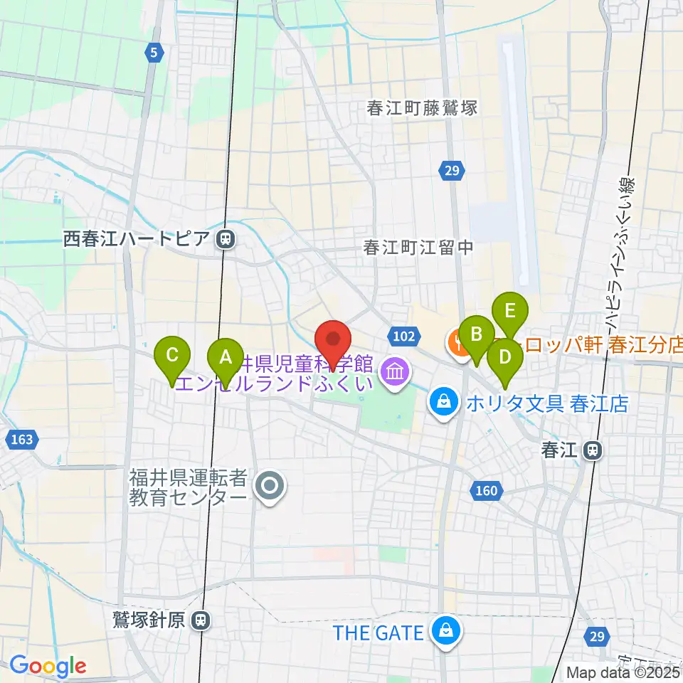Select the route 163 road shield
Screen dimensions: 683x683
22,440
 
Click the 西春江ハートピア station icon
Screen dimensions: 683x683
226,240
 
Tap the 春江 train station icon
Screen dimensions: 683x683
591,450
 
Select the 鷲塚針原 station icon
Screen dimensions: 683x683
202,620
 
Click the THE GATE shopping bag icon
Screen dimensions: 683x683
445,632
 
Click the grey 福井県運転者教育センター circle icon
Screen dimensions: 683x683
270,487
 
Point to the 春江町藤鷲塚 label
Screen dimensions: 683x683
422,108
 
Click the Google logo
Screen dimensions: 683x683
48,666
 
